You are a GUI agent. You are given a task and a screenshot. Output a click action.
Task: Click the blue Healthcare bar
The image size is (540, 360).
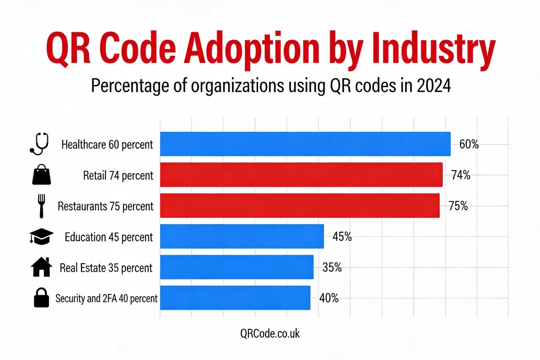[305, 144]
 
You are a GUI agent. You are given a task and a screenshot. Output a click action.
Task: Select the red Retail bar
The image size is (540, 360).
[301, 175]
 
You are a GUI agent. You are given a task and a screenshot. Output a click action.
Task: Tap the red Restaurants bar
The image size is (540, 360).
[300, 206]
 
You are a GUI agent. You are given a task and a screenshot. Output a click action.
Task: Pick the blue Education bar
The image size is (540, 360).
[242, 236]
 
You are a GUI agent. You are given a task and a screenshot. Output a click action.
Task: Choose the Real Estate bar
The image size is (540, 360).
[237, 267]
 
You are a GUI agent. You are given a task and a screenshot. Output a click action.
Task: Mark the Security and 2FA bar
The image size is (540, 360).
[235, 297]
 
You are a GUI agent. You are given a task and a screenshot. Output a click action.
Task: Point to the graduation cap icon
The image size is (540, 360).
[42, 236]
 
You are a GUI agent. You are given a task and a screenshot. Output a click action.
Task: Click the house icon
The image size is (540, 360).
[42, 267]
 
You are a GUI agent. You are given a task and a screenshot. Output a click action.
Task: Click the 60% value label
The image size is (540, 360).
[469, 145]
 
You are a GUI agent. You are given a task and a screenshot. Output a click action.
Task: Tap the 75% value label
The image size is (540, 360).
[458, 207]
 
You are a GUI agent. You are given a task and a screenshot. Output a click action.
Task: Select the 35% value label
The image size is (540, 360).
[332, 268]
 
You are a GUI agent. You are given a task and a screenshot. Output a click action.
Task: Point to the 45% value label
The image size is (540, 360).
[342, 237]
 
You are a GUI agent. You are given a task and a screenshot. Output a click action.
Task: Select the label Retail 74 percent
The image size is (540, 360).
[118, 175]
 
